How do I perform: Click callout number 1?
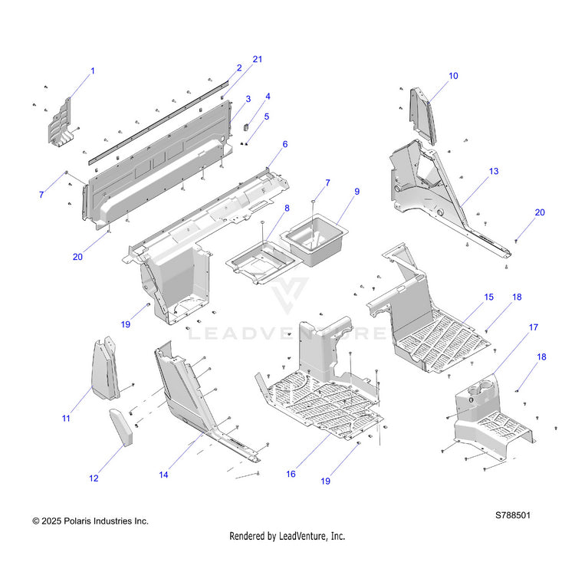pos(93,71)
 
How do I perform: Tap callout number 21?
pos(258,60)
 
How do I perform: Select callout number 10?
pos(453,76)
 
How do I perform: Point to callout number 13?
pos(493,172)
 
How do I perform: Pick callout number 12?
pos(94,478)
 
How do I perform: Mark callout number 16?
pos(291,475)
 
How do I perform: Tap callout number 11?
pos(66,418)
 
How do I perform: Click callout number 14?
pos(164,475)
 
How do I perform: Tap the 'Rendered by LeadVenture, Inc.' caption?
pos(287,536)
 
